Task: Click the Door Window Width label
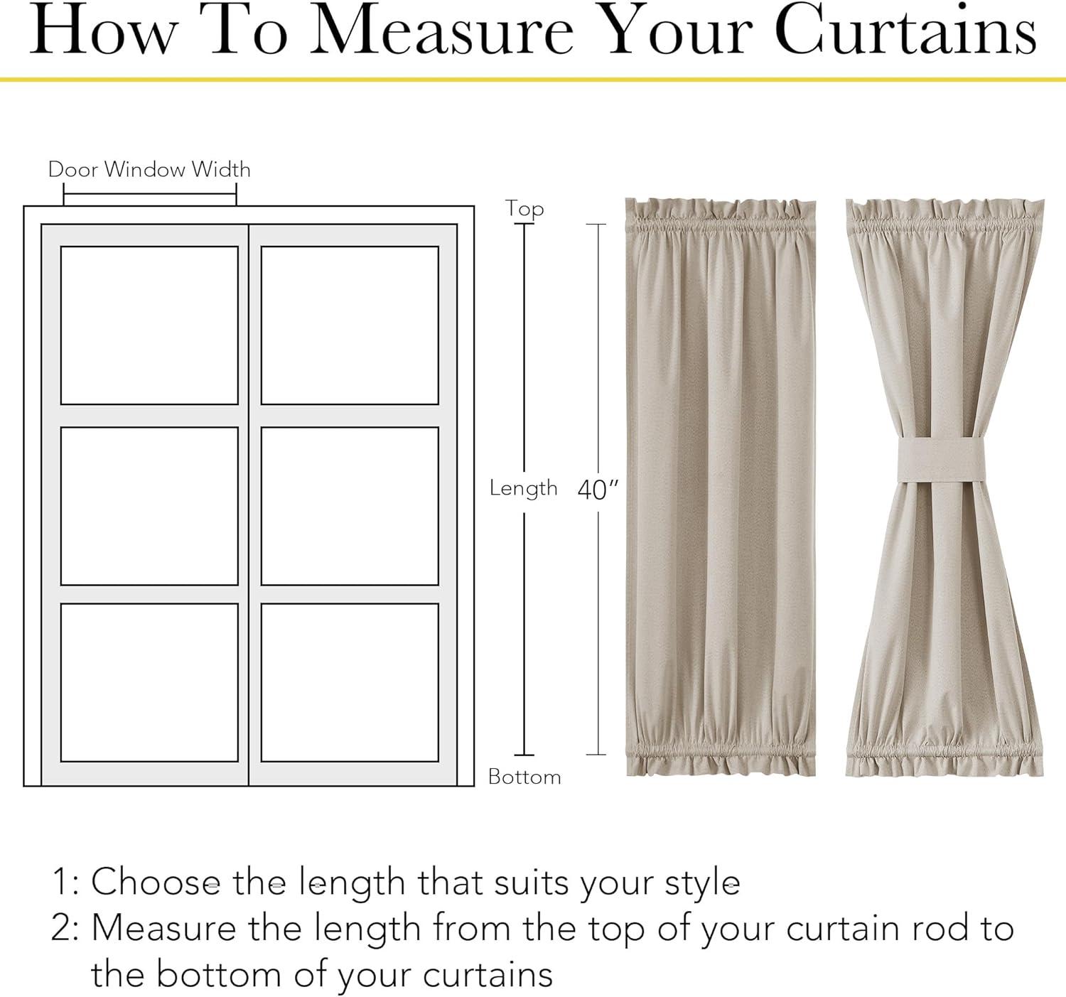(149, 169)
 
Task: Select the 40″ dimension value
(598, 489)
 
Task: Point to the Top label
(524, 208)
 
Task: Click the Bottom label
(524, 777)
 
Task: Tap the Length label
(523, 489)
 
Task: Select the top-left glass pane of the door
(149, 325)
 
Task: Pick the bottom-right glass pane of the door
(350, 682)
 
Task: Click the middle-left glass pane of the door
(149, 506)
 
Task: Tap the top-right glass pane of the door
(350, 325)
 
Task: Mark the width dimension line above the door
(150, 194)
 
